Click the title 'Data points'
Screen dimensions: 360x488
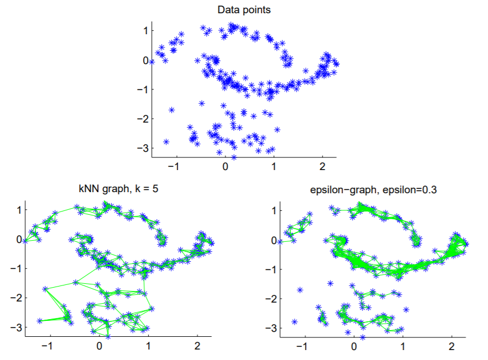244,10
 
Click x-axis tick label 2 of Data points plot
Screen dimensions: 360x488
323,165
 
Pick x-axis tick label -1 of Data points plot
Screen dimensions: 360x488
175,165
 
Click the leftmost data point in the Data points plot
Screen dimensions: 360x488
151,62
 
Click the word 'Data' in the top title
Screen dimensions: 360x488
227,10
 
